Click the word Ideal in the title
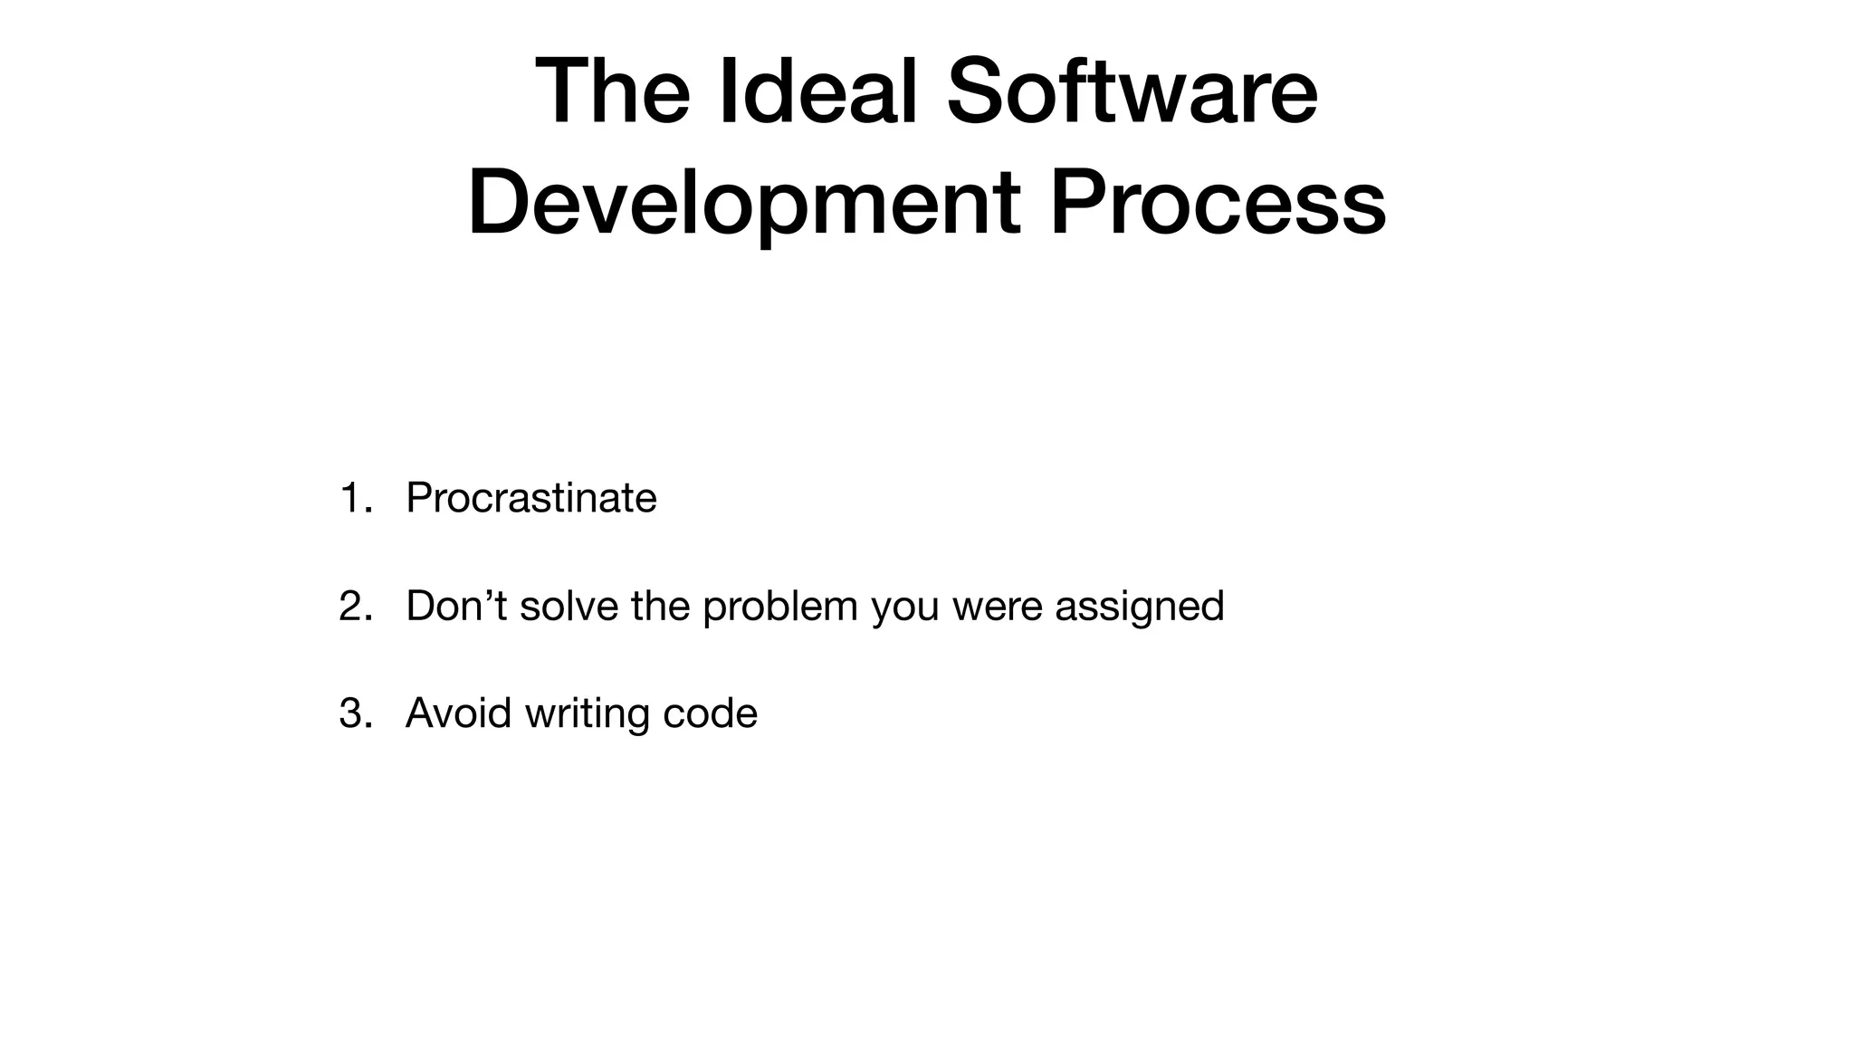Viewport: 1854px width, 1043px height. tap(820, 92)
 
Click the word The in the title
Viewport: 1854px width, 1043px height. tap(613, 92)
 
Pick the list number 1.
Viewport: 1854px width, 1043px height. tap(352, 498)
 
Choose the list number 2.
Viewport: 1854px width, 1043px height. tap(354, 606)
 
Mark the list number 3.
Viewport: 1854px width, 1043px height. tap(354, 713)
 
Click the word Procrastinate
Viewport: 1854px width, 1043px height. tap(531, 498)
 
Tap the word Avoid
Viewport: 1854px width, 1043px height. tap(458, 713)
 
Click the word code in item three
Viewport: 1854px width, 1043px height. tap(710, 713)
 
